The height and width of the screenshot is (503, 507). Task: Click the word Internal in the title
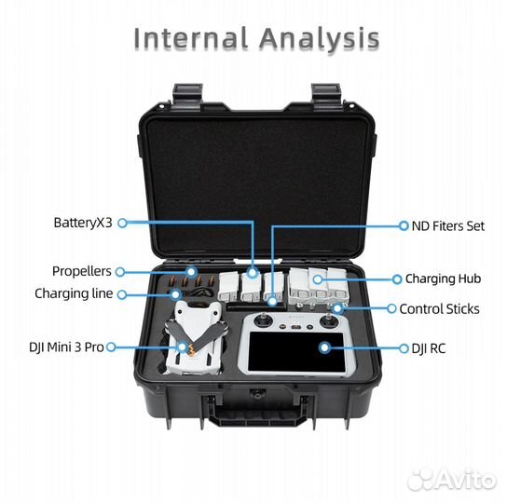[x=191, y=39]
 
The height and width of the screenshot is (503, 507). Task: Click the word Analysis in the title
[x=319, y=39]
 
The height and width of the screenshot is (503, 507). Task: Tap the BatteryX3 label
[x=83, y=223]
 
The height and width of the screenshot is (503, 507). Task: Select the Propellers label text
[x=82, y=271]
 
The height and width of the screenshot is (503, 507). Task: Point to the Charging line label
[x=74, y=293]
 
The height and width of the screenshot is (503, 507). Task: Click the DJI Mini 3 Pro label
[x=66, y=347]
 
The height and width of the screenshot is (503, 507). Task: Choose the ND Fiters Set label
[x=448, y=226]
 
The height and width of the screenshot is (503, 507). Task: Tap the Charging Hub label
[x=443, y=279]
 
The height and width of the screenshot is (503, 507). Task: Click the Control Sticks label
[x=439, y=309]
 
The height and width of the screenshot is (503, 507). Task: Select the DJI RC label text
[x=429, y=348]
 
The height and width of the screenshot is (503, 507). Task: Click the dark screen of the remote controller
[x=295, y=351]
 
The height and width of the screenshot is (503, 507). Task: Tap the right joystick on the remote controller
[x=328, y=320]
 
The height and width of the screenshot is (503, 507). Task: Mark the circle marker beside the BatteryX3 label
[x=122, y=223]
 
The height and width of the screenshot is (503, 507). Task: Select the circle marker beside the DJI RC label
[x=404, y=348]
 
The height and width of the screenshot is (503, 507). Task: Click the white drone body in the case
[x=194, y=339]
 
